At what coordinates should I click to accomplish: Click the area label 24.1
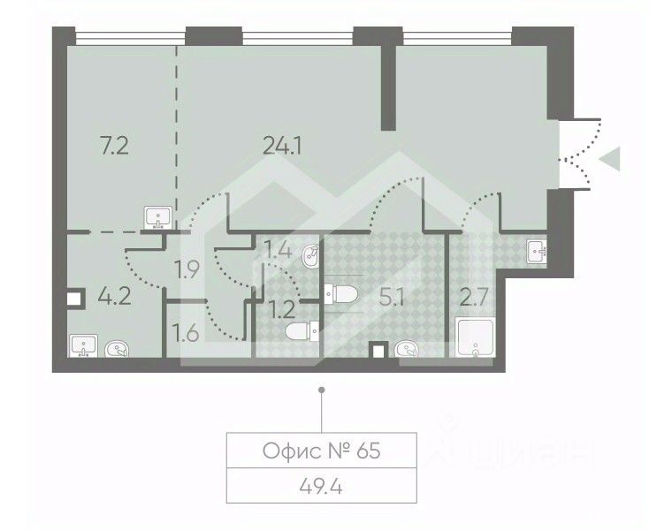click(282, 147)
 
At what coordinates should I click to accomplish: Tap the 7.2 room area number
click(114, 147)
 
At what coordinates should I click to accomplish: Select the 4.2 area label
click(114, 296)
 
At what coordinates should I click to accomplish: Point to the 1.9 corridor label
click(187, 269)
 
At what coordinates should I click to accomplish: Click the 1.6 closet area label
click(187, 333)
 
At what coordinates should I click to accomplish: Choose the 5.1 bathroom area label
click(392, 297)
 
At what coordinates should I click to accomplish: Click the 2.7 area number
click(474, 297)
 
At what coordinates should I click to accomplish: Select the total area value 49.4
click(322, 487)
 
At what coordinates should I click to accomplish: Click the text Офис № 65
click(322, 450)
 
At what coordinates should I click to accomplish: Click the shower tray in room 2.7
click(476, 337)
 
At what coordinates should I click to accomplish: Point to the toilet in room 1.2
click(302, 331)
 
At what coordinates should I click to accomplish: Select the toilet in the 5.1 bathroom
click(340, 293)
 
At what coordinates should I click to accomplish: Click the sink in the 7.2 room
click(159, 217)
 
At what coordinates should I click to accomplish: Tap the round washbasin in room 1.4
click(310, 256)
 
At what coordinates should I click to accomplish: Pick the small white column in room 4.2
click(74, 299)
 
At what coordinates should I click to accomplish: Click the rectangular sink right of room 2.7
click(537, 252)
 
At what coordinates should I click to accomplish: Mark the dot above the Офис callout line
click(322, 390)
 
